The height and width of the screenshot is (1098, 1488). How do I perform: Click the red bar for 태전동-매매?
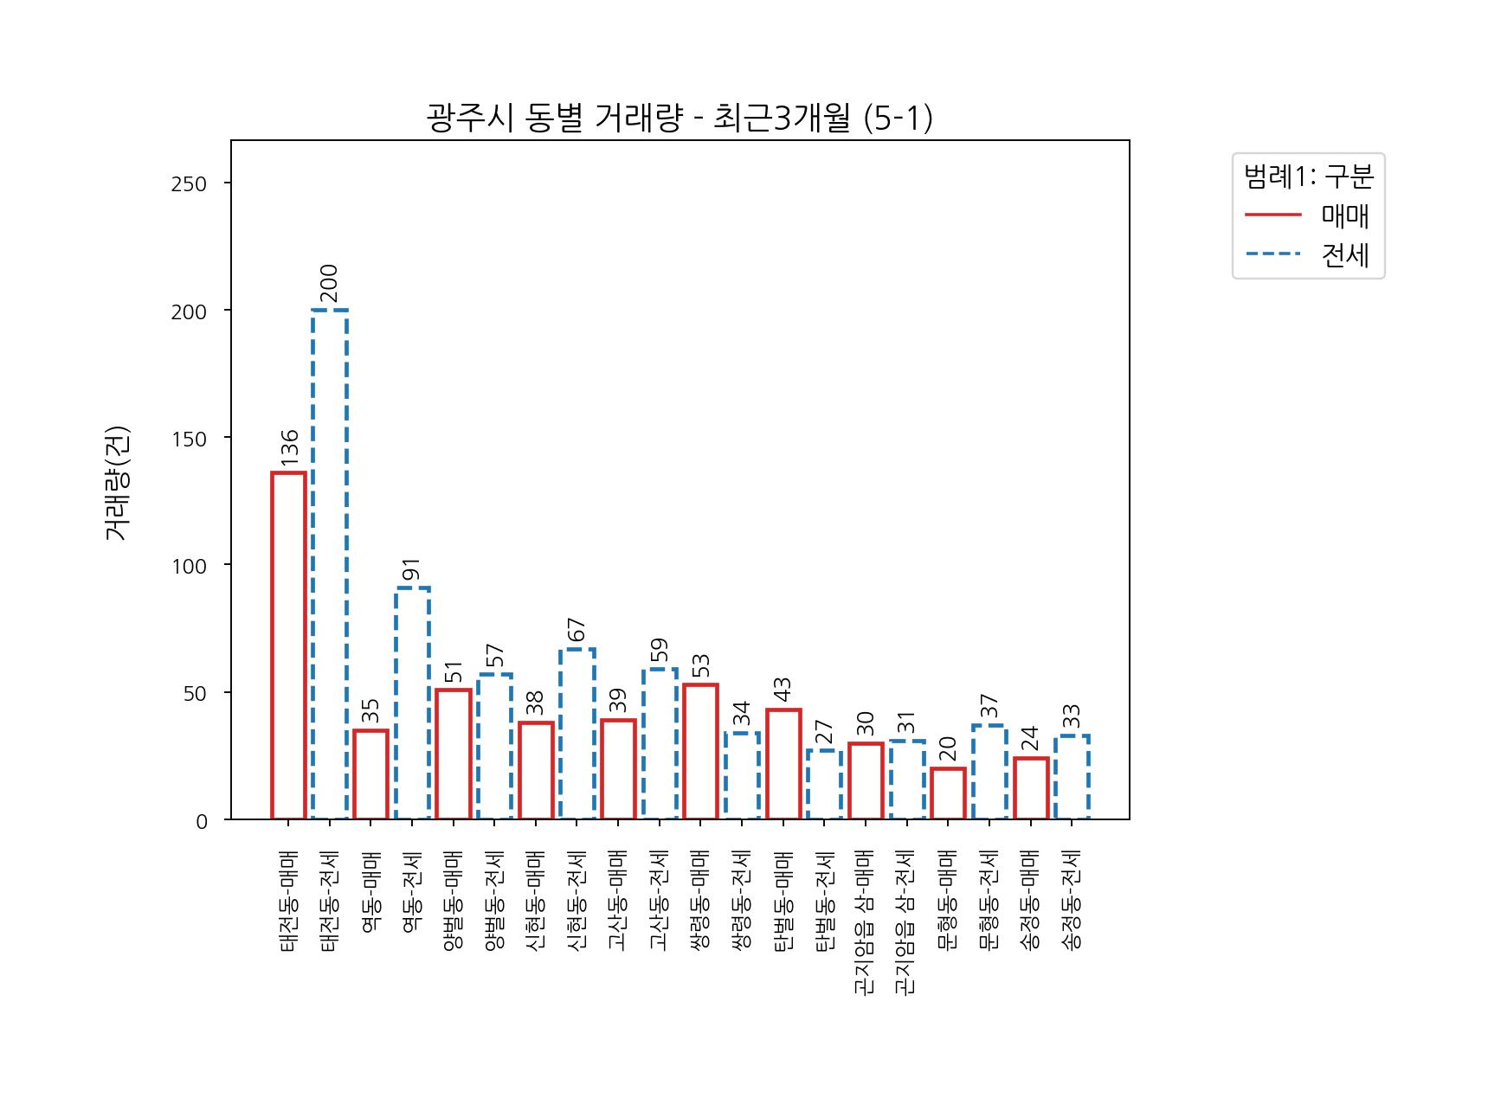[288, 645]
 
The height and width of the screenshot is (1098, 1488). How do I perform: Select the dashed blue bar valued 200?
[330, 564]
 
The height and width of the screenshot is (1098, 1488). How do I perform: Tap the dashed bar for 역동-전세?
[412, 703]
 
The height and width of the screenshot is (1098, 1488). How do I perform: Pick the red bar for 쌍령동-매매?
[700, 751]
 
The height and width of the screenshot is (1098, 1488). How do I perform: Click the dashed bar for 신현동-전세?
[577, 734]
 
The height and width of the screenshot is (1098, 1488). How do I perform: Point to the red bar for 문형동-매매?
[948, 793]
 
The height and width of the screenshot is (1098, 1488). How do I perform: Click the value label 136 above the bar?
[289, 448]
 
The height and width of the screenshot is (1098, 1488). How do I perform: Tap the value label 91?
[412, 569]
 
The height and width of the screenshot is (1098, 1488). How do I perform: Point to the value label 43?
[783, 690]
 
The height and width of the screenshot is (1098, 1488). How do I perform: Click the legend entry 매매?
[1344, 215]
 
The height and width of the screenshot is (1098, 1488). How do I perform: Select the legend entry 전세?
[1344, 254]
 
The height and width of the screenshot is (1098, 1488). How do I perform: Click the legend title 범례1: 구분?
[1308, 177]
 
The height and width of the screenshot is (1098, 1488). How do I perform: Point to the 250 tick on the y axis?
[189, 183]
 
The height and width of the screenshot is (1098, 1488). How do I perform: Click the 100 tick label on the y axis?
[189, 566]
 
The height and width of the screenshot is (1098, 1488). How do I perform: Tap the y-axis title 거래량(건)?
[117, 483]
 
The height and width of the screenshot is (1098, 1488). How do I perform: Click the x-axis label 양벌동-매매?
[453, 900]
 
